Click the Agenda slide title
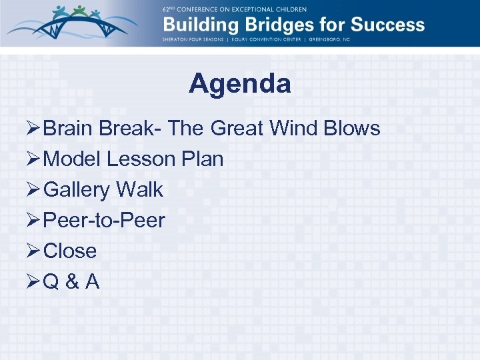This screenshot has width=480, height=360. pos(239,85)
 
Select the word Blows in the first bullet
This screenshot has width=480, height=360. pos(353,128)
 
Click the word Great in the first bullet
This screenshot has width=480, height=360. pos(239,128)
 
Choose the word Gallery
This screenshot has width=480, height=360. pos(77,190)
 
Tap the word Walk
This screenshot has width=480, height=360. pos(139,190)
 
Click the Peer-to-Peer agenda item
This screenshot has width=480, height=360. pos(103,221)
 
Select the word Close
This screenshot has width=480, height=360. pos(70,251)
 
